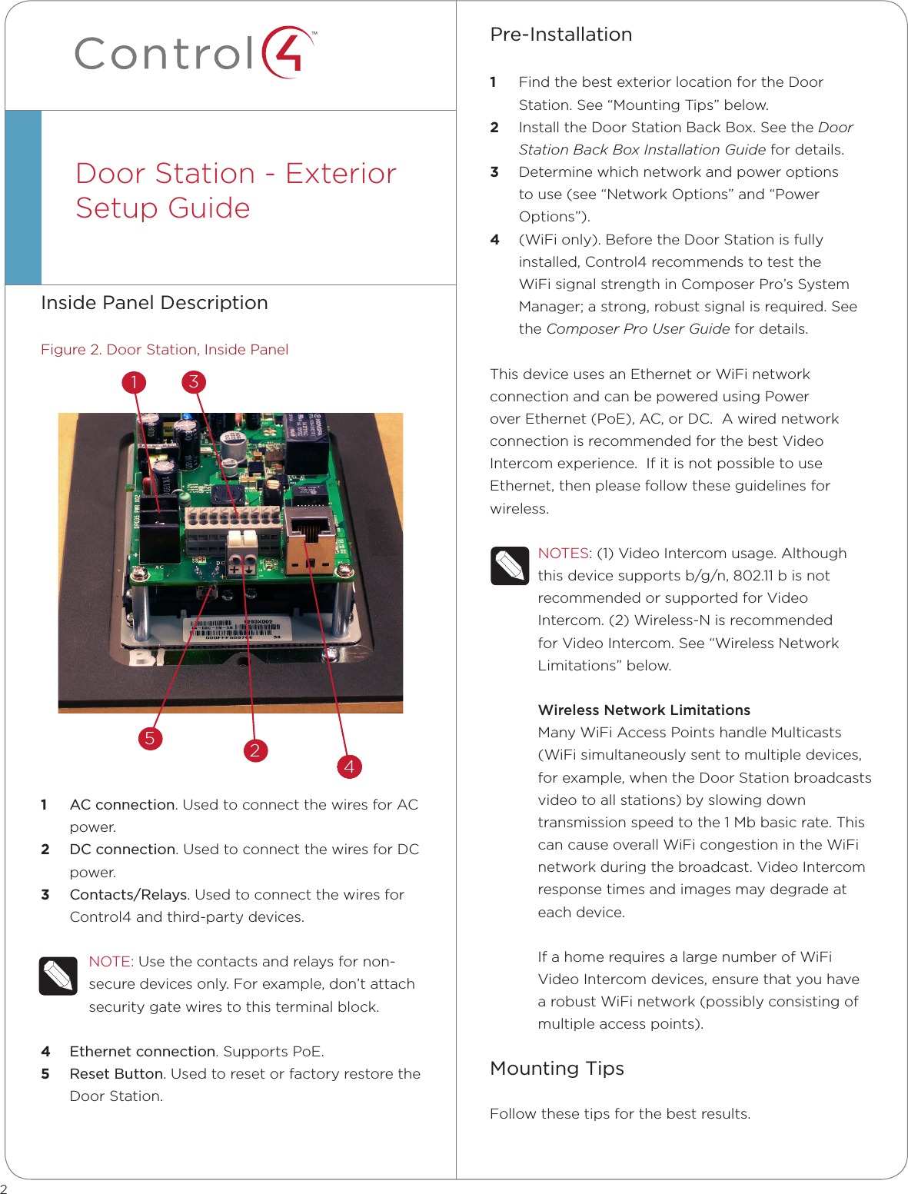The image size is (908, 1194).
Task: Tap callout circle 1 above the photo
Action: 134,382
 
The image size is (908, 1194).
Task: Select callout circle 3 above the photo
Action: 194,381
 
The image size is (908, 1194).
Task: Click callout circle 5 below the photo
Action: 150,739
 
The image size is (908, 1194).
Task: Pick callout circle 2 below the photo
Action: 255,750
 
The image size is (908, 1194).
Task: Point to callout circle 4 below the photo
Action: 349,766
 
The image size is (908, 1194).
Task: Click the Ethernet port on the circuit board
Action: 310,531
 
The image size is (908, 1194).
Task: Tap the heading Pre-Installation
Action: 560,35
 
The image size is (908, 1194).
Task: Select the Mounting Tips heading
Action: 557,1069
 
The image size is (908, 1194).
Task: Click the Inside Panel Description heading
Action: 155,303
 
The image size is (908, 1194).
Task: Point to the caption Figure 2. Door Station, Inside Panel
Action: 165,350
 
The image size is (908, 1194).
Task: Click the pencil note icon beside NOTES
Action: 510,566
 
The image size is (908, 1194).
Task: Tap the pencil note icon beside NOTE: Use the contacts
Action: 58,976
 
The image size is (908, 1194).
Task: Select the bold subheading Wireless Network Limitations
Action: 644,710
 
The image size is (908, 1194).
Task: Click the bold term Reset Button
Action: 116,1073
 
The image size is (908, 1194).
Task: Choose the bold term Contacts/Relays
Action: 128,894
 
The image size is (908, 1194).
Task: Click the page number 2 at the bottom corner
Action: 4,1188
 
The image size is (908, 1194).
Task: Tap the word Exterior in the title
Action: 341,174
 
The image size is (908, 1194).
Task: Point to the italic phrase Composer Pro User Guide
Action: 637,329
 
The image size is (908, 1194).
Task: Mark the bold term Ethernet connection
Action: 142,1051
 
